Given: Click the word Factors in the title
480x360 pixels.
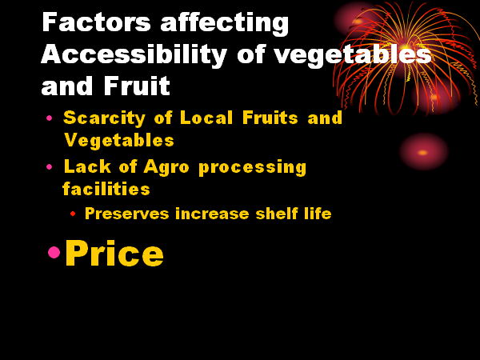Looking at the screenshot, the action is pos(96,22).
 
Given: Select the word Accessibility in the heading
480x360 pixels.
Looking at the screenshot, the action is pos(134,54).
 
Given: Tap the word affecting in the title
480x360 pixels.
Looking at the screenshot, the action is pos(224,24).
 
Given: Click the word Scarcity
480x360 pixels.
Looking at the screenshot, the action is pos(104,118).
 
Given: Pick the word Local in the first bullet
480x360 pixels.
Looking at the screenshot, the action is pos(206,118).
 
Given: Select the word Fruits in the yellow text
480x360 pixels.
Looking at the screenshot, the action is pos(270,118).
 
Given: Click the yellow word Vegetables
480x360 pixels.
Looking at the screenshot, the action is pos(119,140).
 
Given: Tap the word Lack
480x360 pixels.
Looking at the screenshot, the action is pos(87,166).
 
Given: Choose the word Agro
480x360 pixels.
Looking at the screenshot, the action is pos(166,168).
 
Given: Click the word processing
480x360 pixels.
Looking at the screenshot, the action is pos(253,168).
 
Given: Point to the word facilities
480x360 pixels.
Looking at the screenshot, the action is pos(106,188).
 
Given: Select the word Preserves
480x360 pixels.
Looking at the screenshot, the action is pos(126,214).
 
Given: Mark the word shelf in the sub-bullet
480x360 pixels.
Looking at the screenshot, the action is pos(277,213).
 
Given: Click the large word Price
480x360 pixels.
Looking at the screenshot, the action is pos(114,253).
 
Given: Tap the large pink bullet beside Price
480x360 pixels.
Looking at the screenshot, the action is pos(54,252).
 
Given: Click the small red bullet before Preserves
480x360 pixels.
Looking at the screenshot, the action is pos(73,214).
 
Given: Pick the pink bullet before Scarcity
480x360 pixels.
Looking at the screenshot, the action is pos(49,118).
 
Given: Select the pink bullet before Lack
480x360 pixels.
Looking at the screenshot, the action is pos(49,167).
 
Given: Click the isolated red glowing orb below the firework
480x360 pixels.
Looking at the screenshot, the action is pos(423,152).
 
